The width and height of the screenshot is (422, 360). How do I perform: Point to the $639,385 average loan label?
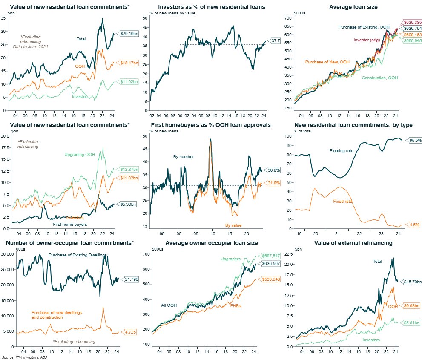[412, 23]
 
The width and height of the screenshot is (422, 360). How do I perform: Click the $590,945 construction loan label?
[412, 40]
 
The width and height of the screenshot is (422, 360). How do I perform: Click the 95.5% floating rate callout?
[412, 140]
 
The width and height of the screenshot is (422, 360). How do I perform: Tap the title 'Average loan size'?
[353, 7]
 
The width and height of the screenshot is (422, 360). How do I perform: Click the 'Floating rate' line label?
[341, 151]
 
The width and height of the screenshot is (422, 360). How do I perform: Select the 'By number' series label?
[184, 157]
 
